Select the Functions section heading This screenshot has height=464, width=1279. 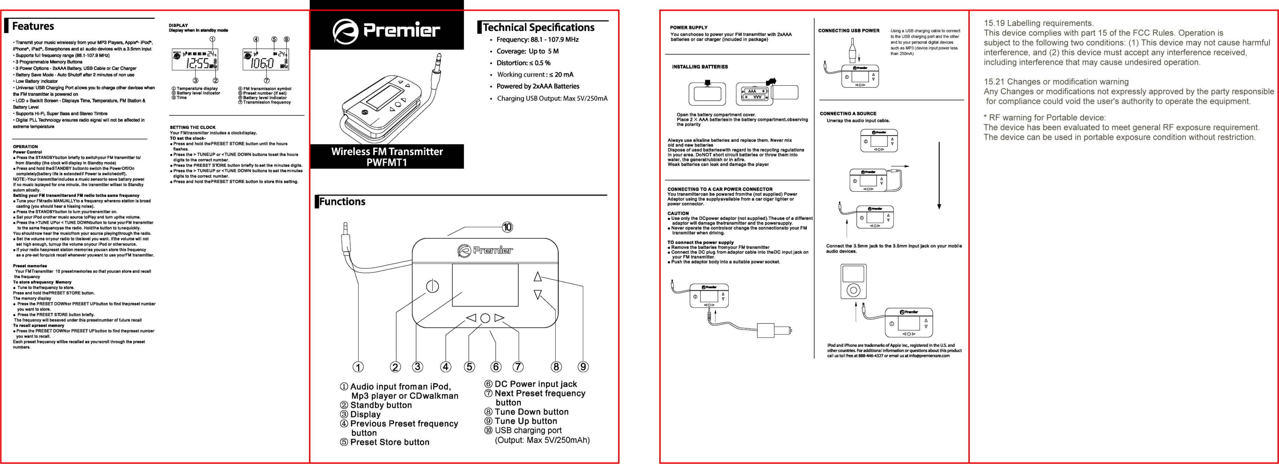[x=342, y=201]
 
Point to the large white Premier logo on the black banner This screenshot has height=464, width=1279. [x=386, y=30]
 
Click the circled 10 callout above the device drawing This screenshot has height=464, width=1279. [x=507, y=227]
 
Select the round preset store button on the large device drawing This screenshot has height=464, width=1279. [x=485, y=318]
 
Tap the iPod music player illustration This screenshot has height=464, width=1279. [x=853, y=281]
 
